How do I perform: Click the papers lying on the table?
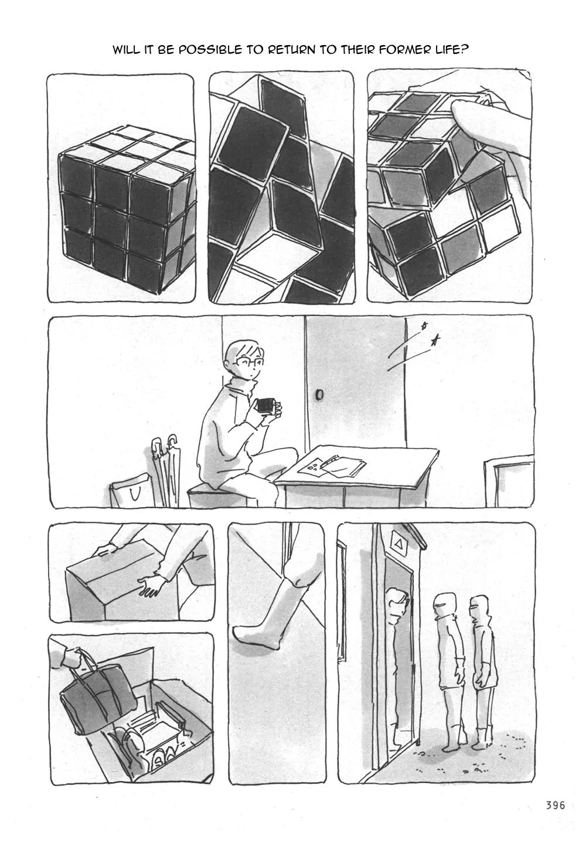(x=331, y=465)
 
